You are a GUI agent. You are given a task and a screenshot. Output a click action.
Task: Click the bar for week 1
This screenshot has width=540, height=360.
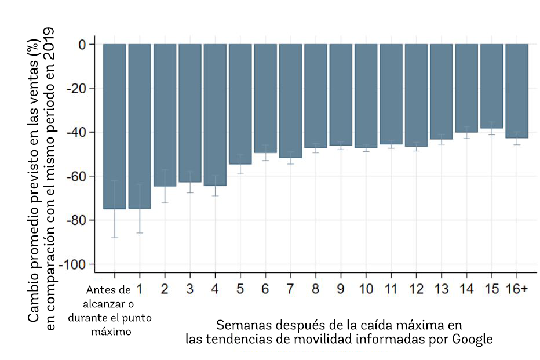click(140, 126)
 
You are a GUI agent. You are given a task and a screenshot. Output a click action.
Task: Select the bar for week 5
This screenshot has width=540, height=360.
click(240, 104)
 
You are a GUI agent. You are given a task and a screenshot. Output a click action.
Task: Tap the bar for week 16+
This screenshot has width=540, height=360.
click(516, 91)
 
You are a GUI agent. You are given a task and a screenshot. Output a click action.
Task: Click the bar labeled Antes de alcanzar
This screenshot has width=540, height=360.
click(115, 126)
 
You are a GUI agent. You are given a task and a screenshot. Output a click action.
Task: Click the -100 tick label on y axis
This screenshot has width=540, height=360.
click(74, 264)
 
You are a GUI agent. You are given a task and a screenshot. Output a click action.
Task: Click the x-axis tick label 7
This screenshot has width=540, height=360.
click(290, 289)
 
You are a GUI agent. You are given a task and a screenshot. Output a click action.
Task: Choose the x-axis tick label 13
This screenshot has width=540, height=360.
click(441, 289)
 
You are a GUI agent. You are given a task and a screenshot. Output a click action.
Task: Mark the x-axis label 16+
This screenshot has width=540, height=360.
click(516, 289)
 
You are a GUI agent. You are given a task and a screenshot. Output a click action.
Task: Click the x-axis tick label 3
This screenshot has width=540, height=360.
click(190, 289)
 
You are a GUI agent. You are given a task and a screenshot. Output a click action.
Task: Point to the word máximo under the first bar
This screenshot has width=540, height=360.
click(115, 332)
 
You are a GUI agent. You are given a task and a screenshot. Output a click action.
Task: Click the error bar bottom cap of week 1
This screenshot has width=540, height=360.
click(140, 233)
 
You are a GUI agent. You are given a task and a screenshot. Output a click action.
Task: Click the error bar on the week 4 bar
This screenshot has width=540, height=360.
click(215, 186)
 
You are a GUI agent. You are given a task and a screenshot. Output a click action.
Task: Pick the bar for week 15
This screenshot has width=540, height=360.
click(491, 86)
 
